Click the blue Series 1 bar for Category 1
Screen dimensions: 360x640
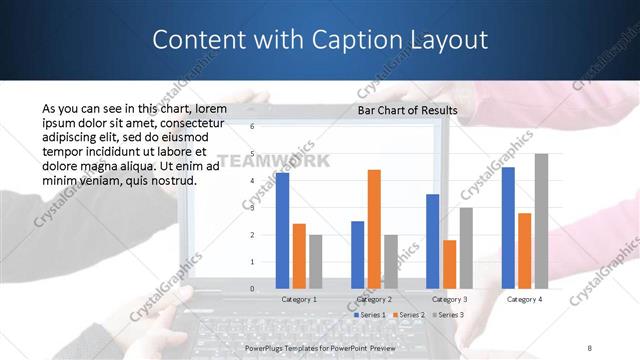pyautogui.click(x=283, y=231)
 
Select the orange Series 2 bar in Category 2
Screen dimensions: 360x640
pyautogui.click(x=374, y=229)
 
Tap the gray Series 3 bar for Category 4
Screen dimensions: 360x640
pyautogui.click(x=541, y=221)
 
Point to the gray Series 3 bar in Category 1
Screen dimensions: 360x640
pyautogui.click(x=316, y=262)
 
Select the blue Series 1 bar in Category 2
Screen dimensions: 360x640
pyautogui.click(x=357, y=255)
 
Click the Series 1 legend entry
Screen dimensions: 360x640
pyautogui.click(x=371, y=314)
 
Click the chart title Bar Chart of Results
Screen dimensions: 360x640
pyautogui.click(x=407, y=110)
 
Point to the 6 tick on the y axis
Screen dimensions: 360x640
pyautogui.click(x=252, y=127)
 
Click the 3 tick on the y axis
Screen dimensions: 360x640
pyautogui.click(x=252, y=208)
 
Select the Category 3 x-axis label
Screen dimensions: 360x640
pyautogui.click(x=449, y=298)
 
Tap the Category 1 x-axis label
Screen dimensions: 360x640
pyautogui.click(x=299, y=298)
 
